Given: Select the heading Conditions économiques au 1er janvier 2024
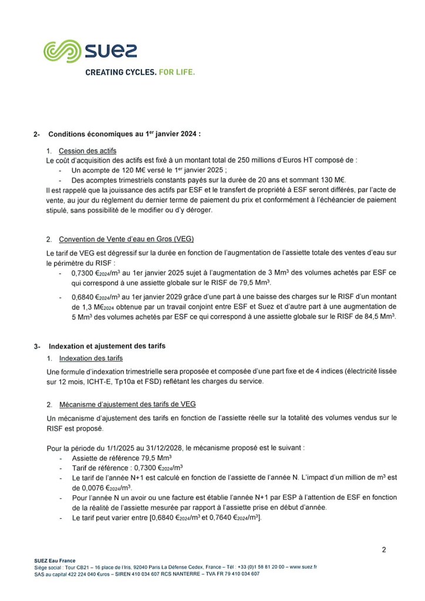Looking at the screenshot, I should pyautogui.click(x=124, y=134).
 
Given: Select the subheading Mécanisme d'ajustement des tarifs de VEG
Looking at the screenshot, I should pyautogui.click(x=127, y=404).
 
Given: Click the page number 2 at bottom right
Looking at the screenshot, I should pyautogui.click(x=384, y=550).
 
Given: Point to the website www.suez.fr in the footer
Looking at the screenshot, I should pyautogui.click(x=303, y=567).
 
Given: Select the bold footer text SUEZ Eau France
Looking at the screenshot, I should pyautogui.click(x=55, y=561).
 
